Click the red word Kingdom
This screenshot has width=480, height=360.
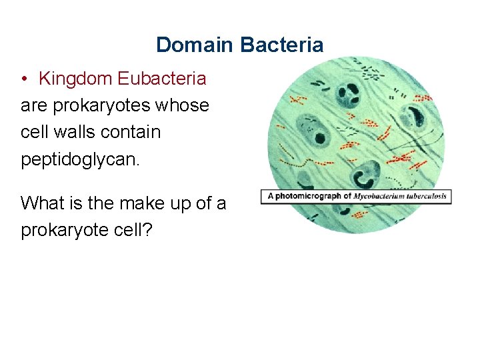point(75,79)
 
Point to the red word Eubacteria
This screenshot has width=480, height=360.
point(162,79)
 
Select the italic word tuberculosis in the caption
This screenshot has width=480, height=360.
point(427,197)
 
